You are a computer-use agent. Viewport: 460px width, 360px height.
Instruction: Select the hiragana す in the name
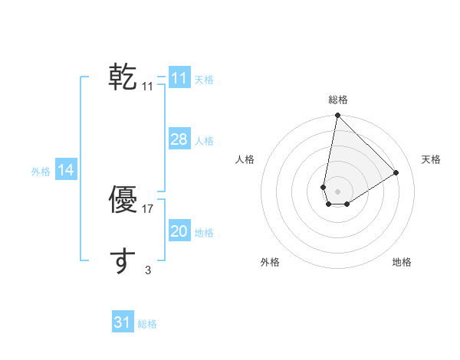tap(123, 261)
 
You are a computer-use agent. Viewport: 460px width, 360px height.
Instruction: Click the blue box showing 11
tap(179, 78)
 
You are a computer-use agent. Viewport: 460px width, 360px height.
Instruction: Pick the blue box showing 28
tap(179, 139)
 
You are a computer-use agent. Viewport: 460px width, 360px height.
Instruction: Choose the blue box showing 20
tap(179, 231)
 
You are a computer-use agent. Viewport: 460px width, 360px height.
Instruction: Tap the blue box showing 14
tap(66, 171)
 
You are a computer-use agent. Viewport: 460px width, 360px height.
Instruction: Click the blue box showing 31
tap(123, 322)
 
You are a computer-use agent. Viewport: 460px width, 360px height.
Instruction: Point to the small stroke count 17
tap(148, 208)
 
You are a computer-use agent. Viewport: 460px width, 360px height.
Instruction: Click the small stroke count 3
tap(148, 270)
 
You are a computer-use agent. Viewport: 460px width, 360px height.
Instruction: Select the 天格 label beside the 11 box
tap(204, 79)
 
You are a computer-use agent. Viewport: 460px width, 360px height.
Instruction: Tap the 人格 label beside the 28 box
tap(204, 141)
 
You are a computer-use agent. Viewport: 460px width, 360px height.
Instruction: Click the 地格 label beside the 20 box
tap(204, 233)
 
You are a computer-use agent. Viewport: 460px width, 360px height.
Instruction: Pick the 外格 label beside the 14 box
tap(41, 172)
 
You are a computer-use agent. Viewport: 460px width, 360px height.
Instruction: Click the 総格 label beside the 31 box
tap(147, 324)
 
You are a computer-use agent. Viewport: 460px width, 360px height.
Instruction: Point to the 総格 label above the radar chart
tap(337, 100)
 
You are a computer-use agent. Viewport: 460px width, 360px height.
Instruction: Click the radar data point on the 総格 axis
tap(337, 116)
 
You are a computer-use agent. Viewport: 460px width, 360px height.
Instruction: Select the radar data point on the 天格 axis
tap(396, 173)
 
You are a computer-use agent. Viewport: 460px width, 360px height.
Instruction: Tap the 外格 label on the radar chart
tap(270, 262)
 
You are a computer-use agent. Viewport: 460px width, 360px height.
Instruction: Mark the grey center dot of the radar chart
tap(337, 191)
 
